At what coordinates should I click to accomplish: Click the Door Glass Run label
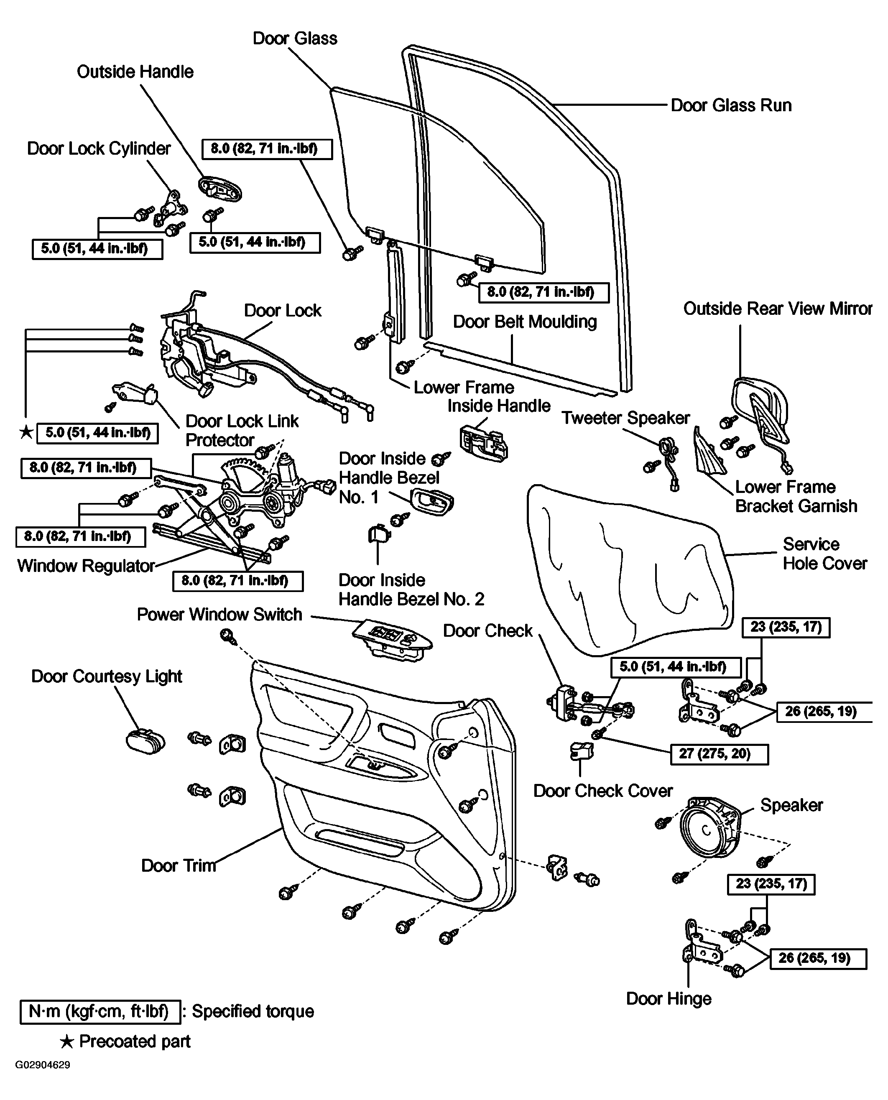coord(731,105)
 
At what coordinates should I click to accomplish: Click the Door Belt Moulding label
coord(525,322)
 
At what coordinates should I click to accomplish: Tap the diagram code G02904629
coord(43,1065)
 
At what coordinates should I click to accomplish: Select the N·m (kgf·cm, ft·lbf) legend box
coord(100,1011)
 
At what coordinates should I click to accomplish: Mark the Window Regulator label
coord(86,566)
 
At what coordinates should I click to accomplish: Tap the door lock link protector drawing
coord(135,394)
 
